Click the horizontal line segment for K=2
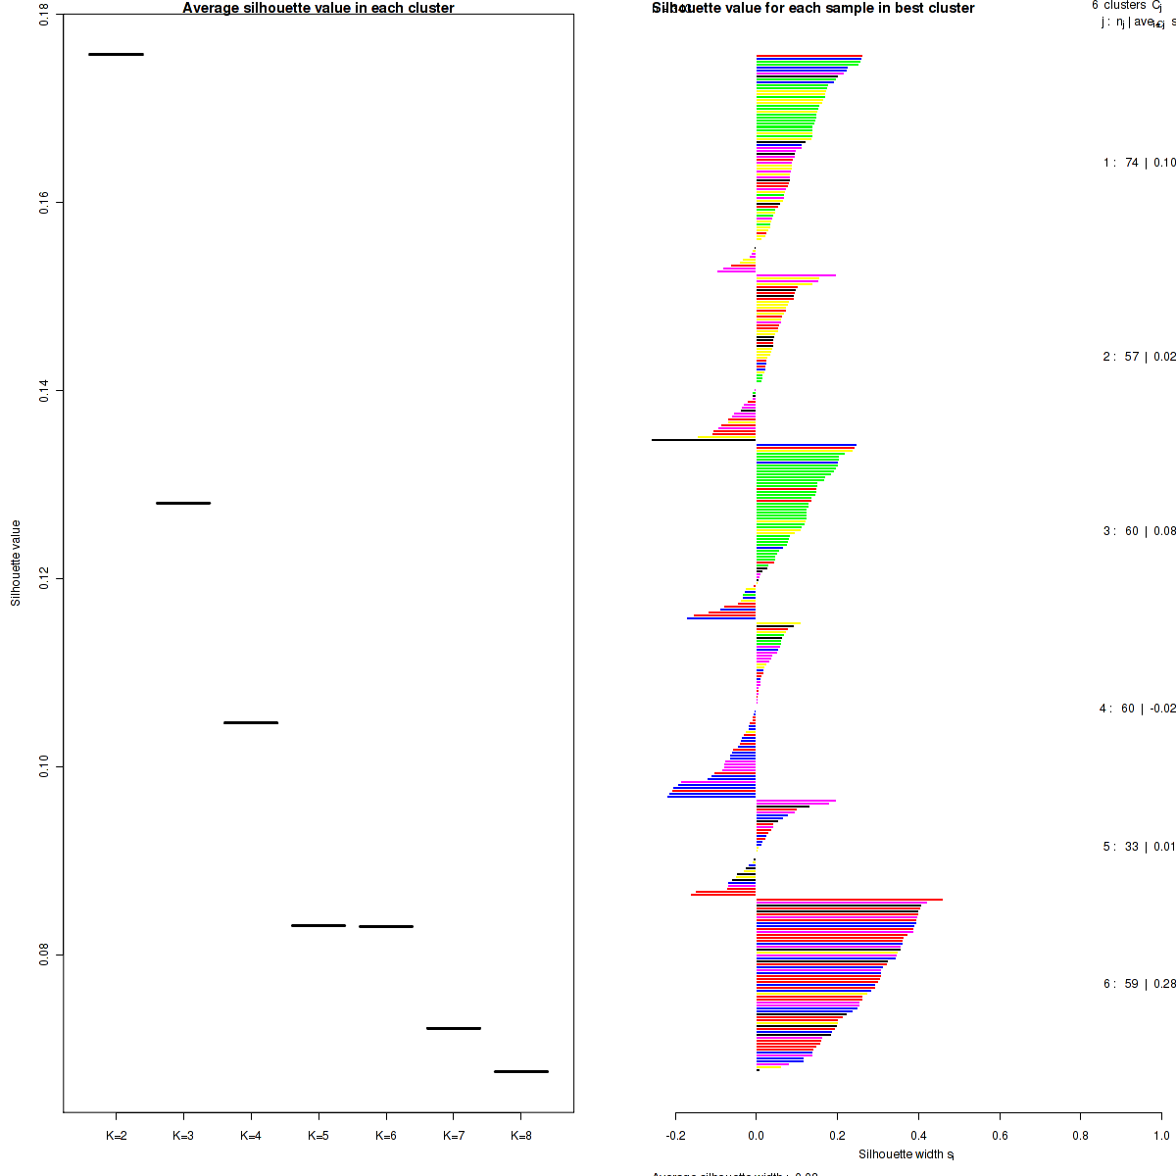[x=116, y=54]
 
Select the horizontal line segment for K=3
[x=183, y=503]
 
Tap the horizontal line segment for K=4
[x=251, y=722]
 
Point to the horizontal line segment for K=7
[x=454, y=1028]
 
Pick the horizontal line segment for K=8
[x=521, y=1071]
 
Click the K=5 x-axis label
[x=318, y=1136]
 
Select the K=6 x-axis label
[x=386, y=1136]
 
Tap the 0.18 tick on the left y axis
[x=45, y=17]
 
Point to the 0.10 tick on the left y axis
[x=45, y=766]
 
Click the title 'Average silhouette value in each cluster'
[x=318, y=8]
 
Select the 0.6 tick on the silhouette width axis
[x=1000, y=1136]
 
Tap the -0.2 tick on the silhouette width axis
[x=676, y=1136]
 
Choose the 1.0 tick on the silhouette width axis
[x=1160, y=1136]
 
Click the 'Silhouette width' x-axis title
[x=906, y=1154]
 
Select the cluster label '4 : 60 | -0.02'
[x=1137, y=709]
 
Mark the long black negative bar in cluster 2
[x=704, y=440]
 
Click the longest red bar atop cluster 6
[x=849, y=900]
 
